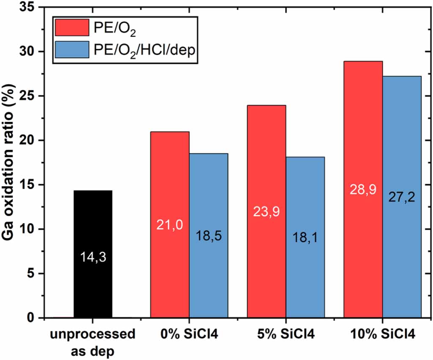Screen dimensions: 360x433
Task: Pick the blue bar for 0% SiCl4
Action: coord(209,190)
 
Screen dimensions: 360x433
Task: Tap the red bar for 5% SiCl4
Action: coord(267,169)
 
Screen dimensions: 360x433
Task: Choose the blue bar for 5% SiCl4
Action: coord(305,190)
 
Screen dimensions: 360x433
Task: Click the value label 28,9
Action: coord(363,189)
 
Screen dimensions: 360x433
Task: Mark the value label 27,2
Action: coord(402,197)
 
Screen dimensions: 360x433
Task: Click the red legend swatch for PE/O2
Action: coord(72,28)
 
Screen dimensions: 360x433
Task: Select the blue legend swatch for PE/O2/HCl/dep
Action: coord(72,50)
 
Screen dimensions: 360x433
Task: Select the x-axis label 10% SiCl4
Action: coord(382,334)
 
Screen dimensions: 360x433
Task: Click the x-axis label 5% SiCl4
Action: coord(286,334)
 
